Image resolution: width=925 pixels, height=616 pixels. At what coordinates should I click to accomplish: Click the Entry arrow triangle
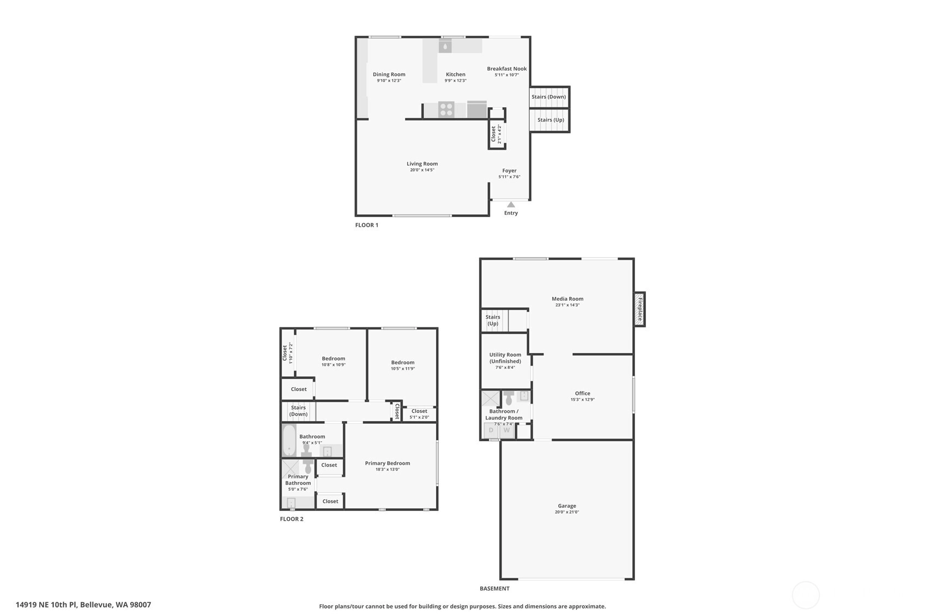click(x=511, y=205)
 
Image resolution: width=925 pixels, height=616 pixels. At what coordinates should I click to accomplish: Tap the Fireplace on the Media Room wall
click(x=640, y=309)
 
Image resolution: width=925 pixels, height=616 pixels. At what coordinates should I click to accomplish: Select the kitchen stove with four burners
click(x=446, y=109)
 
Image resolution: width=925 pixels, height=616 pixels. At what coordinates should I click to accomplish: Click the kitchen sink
click(x=445, y=46)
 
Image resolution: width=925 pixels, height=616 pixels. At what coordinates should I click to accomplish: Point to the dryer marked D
click(x=491, y=430)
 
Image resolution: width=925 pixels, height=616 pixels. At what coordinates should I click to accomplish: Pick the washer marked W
click(x=507, y=430)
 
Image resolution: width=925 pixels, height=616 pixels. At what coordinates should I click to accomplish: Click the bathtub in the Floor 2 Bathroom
click(x=289, y=440)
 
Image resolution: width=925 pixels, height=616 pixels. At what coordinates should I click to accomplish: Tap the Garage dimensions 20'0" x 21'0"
click(x=567, y=512)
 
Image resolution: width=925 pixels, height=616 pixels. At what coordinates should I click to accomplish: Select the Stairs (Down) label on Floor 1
click(x=548, y=97)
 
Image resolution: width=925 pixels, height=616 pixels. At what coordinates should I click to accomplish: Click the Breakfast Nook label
click(x=507, y=69)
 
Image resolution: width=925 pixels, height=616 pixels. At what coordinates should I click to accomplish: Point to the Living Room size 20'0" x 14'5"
click(x=422, y=170)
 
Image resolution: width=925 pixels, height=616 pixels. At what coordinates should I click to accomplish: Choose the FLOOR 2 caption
click(x=292, y=519)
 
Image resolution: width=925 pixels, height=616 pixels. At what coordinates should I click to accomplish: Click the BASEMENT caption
click(x=494, y=589)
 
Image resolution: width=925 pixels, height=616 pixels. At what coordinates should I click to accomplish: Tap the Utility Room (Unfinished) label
click(x=505, y=358)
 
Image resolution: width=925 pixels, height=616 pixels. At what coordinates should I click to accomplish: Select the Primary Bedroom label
click(x=388, y=463)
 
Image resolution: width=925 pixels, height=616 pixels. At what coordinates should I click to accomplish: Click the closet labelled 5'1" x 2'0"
click(x=419, y=414)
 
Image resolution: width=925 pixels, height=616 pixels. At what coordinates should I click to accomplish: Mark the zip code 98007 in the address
click(x=141, y=605)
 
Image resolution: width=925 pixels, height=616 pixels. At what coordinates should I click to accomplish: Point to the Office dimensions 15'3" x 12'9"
click(x=583, y=399)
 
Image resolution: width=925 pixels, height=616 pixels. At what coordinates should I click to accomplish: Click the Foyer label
click(x=509, y=171)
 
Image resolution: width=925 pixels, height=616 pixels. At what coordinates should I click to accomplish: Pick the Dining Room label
click(x=389, y=75)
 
